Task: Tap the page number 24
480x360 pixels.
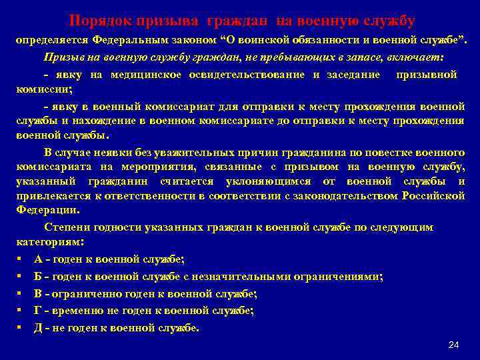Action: click(x=455, y=344)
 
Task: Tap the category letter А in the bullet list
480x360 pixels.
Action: click(x=37, y=259)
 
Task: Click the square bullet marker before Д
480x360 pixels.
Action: click(x=20, y=327)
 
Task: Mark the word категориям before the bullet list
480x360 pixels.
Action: click(x=45, y=241)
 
